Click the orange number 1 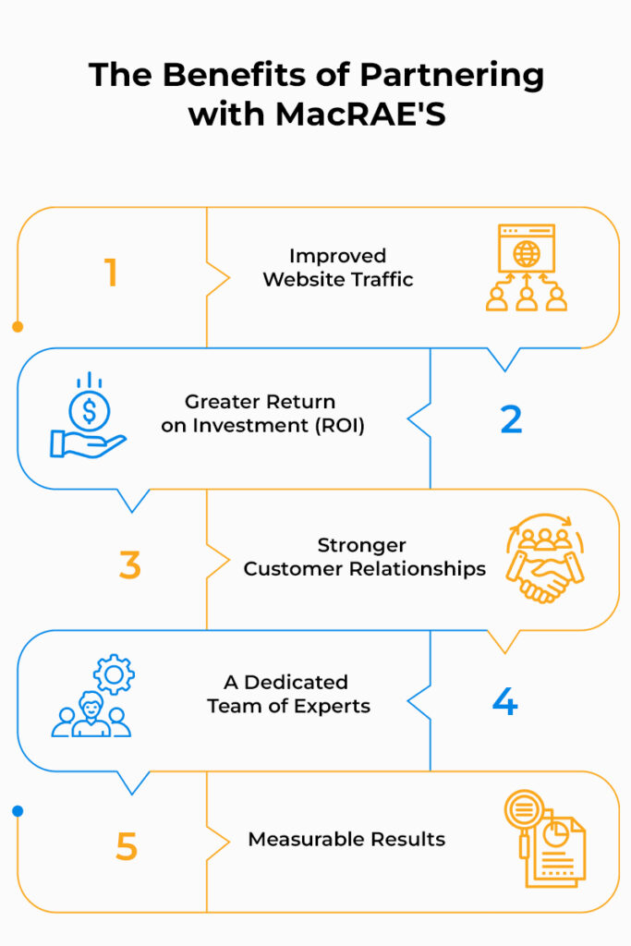coord(111,273)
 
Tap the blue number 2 coord(511,419)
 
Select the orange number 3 coord(129,564)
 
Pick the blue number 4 coord(504,703)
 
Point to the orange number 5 coord(127,845)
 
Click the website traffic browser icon coord(526,266)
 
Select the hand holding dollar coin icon coord(88,418)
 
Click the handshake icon coord(545,562)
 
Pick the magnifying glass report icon coord(545,838)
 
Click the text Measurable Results coord(346,840)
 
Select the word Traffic coord(379,279)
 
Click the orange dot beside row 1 coord(18,326)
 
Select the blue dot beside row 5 coord(18,811)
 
